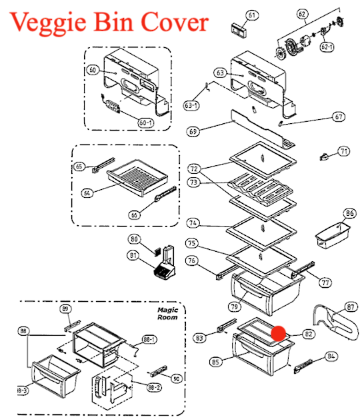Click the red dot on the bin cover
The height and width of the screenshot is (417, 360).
coord(278,333)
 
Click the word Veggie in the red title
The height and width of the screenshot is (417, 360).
coord(48,23)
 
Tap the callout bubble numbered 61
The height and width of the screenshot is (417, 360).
coord(251,15)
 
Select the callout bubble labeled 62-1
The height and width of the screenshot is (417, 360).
coord(327,47)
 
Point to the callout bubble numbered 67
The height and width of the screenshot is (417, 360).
coord(339,117)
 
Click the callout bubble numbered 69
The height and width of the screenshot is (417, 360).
coord(193,131)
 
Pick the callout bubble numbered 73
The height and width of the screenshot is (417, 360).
coord(193,183)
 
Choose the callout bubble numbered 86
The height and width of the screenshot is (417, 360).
coord(349,213)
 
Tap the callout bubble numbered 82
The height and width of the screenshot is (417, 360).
coord(309,334)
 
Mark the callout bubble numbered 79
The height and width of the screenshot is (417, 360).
coord(234,306)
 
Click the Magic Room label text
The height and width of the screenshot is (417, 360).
coord(167,314)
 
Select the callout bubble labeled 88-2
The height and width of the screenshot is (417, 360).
coord(154,388)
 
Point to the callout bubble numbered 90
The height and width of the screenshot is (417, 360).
coord(176,378)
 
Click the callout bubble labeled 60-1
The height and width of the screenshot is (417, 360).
coord(146,123)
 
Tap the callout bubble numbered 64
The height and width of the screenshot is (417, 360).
coord(87,193)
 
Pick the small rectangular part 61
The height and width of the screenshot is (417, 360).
coord(238,29)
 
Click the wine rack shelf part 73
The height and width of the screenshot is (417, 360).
coord(260,189)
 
